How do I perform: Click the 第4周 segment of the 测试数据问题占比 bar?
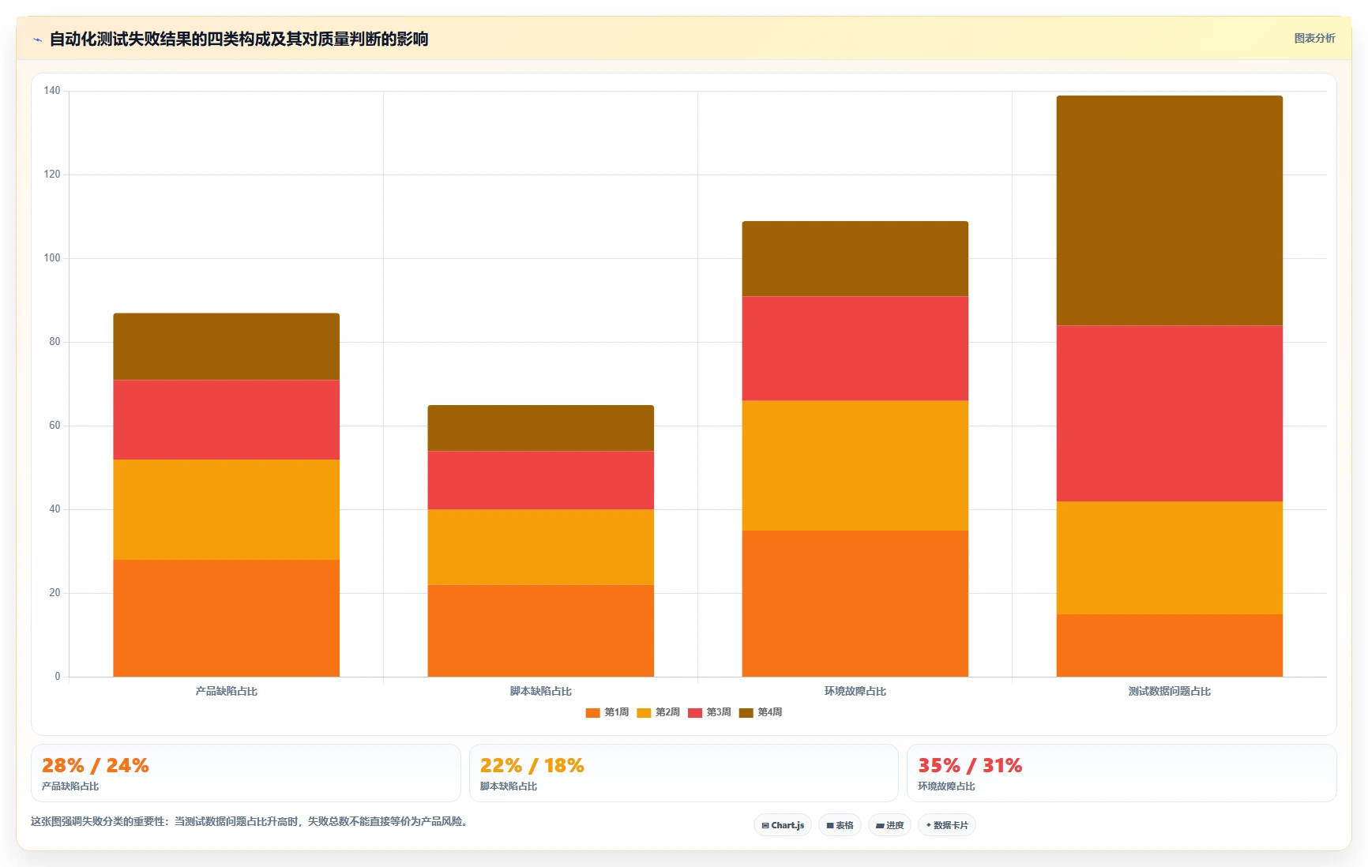pyautogui.click(x=1169, y=211)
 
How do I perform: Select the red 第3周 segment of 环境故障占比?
pyautogui.click(x=855, y=348)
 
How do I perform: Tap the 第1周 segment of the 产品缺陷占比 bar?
pyautogui.click(x=226, y=618)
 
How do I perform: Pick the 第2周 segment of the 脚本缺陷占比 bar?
pyautogui.click(x=540, y=547)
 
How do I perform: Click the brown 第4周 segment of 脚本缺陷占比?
pyautogui.click(x=540, y=428)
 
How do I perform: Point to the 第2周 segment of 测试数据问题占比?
pyautogui.click(x=1169, y=558)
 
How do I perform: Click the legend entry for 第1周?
pyautogui.click(x=607, y=712)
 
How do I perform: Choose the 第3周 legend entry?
pyautogui.click(x=709, y=712)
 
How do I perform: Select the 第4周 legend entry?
pyautogui.click(x=761, y=712)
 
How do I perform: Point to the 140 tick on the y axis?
pyautogui.click(x=52, y=91)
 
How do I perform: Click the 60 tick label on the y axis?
pyautogui.click(x=54, y=426)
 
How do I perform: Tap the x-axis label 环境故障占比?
pyautogui.click(x=855, y=691)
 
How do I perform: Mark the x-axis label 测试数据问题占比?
pyautogui.click(x=1169, y=691)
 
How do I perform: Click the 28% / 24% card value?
pyautogui.click(x=96, y=765)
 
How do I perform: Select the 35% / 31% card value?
pyautogui.click(x=970, y=765)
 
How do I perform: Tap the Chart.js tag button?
pyautogui.click(x=783, y=825)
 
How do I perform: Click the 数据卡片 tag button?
pyautogui.click(x=946, y=825)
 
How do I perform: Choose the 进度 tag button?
pyautogui.click(x=889, y=825)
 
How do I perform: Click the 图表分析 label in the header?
pyautogui.click(x=1314, y=38)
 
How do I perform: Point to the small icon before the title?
pyautogui.click(x=37, y=39)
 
